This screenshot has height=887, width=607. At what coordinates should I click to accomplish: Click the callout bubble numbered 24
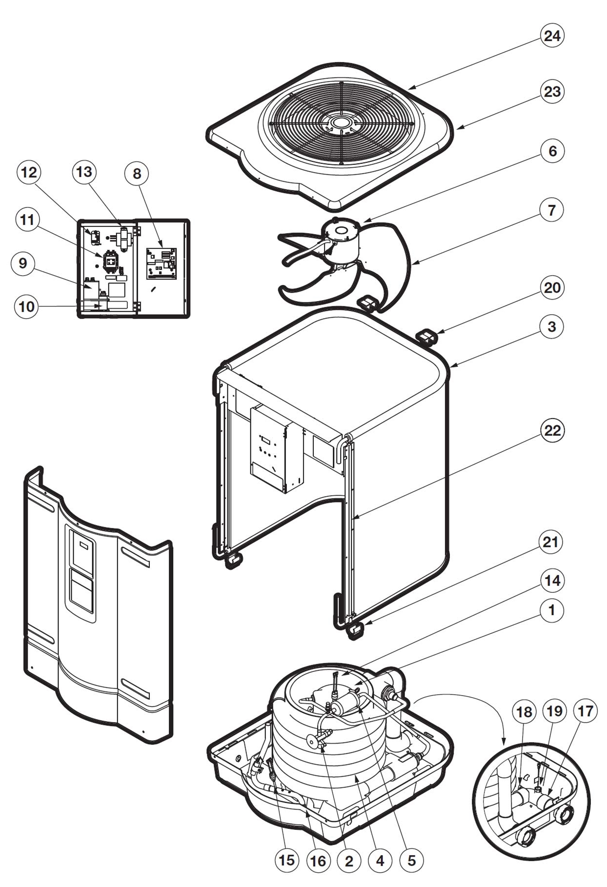[552, 36]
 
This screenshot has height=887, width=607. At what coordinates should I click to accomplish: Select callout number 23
[552, 91]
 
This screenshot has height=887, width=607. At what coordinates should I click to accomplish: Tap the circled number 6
[552, 151]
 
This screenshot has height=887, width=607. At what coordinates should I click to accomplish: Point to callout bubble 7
[552, 210]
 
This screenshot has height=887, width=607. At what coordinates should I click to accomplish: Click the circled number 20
[552, 288]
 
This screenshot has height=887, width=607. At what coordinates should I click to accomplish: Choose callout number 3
[552, 326]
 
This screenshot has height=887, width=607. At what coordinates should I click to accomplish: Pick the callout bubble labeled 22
[552, 430]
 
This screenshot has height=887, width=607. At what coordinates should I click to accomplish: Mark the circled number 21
[551, 542]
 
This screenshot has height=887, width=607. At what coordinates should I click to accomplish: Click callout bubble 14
[552, 581]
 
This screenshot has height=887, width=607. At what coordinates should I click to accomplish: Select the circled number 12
[29, 173]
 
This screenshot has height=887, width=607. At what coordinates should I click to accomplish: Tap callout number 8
[137, 174]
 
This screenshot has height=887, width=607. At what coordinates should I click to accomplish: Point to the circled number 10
[26, 306]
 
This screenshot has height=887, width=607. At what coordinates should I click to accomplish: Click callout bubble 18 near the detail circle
[524, 712]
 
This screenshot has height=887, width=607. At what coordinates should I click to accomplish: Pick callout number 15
[287, 860]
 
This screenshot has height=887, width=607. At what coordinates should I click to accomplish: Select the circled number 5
[411, 860]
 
